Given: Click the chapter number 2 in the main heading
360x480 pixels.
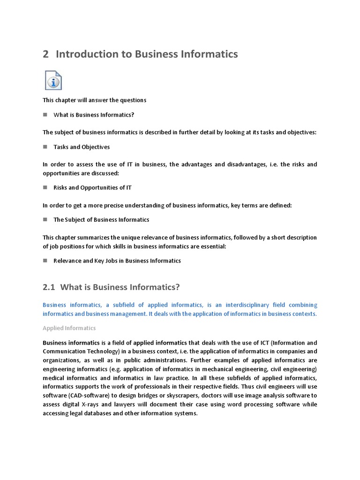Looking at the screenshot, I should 45,54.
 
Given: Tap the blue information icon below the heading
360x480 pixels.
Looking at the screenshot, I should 53,80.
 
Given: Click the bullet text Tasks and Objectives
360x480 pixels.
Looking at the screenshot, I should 82,147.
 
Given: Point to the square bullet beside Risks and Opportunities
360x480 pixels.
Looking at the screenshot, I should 45,187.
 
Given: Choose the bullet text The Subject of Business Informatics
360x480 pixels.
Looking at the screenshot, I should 101,219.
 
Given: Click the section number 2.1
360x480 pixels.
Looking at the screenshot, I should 49,287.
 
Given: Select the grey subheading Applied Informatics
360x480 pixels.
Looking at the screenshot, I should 69,328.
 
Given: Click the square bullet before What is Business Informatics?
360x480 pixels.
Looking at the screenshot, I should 45,114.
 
